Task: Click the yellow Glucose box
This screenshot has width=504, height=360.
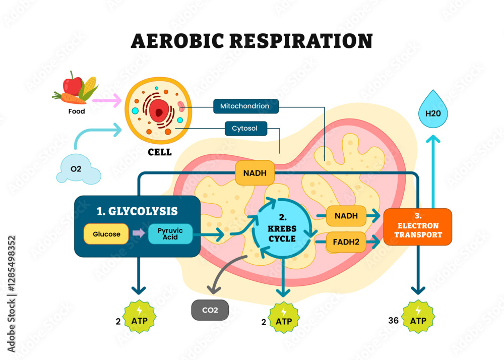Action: click(x=106, y=234)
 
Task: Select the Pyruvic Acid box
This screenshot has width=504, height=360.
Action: click(x=170, y=234)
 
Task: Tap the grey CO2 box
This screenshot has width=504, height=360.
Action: click(x=210, y=310)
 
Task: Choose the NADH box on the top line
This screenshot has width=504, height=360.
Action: click(x=255, y=172)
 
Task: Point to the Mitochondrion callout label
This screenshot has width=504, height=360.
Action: click(x=244, y=106)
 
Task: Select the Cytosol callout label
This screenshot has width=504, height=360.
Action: click(x=245, y=129)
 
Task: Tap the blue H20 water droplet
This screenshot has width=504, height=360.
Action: click(x=433, y=111)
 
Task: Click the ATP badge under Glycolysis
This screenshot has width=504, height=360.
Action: click(x=140, y=318)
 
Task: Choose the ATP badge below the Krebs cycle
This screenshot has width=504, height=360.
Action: click(x=284, y=318)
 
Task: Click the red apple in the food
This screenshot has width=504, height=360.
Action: click(x=74, y=84)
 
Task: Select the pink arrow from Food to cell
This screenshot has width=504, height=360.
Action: click(x=107, y=100)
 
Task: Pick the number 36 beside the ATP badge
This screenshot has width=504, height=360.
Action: click(x=394, y=320)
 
